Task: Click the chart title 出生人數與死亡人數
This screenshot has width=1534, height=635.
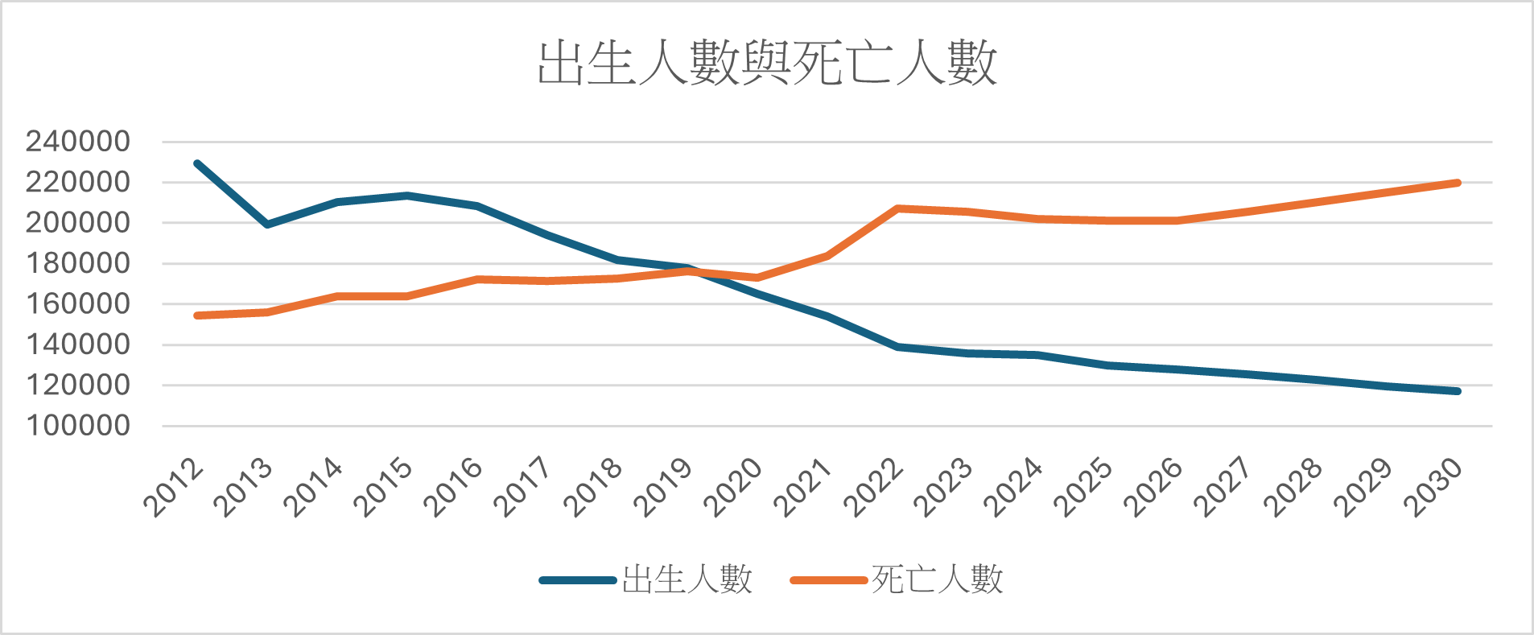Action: pyautogui.click(x=767, y=63)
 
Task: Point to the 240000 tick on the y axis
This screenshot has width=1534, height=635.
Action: pyautogui.click(x=78, y=142)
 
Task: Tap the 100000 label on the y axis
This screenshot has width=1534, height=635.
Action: pyautogui.click(x=78, y=426)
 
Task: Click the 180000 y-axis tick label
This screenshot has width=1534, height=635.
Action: pyautogui.click(x=78, y=263)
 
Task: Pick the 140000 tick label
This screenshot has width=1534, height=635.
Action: pyautogui.click(x=78, y=344)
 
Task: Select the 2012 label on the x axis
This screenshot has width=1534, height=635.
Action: pyautogui.click(x=174, y=487)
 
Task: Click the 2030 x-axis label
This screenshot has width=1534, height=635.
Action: pyautogui.click(x=1433, y=487)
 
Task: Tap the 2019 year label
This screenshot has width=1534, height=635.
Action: pyautogui.click(x=663, y=487)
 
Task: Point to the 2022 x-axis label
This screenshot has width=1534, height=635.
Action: pyautogui.click(x=873, y=487)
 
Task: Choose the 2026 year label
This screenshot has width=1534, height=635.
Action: pyautogui.click(x=1153, y=487)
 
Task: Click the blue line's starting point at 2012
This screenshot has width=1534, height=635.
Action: pyautogui.click(x=197, y=163)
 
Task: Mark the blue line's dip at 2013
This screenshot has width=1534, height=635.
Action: pyautogui.click(x=267, y=225)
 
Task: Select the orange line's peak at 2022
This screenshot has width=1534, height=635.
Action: pyautogui.click(x=897, y=208)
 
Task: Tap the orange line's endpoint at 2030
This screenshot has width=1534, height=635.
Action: pyautogui.click(x=1458, y=183)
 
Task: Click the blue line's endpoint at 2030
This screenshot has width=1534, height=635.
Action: pyautogui.click(x=1458, y=391)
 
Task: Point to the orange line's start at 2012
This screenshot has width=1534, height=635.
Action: pyautogui.click(x=197, y=315)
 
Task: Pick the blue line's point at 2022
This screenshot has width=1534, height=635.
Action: pyautogui.click(x=897, y=347)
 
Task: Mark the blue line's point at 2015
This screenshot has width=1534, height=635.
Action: pyautogui.click(x=407, y=196)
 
